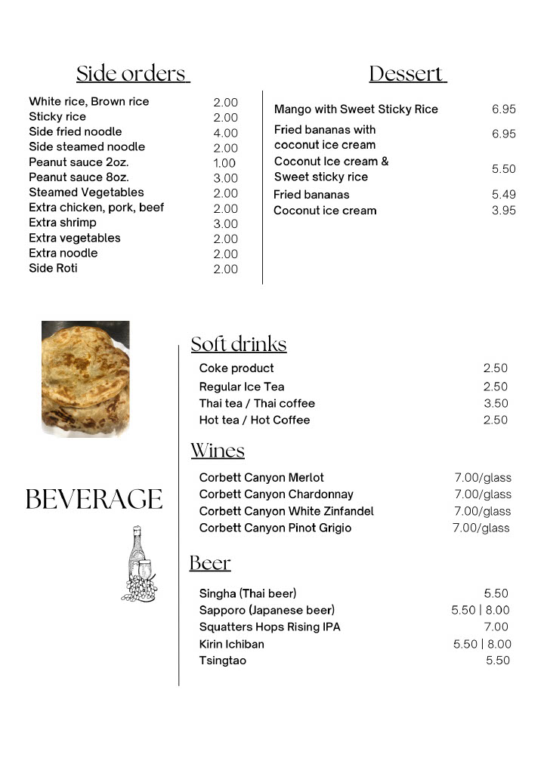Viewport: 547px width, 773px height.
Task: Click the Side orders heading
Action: click(x=132, y=74)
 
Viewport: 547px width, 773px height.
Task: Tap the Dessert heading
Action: click(x=408, y=74)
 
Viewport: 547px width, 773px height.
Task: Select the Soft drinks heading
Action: click(x=239, y=344)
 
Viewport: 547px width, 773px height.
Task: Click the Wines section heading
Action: click(x=218, y=451)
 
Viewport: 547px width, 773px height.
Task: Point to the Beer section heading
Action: click(x=210, y=563)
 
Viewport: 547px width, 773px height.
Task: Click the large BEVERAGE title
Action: click(x=94, y=500)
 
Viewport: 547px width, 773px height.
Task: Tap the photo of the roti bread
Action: click(x=85, y=377)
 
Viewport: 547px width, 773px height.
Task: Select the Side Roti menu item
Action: click(x=53, y=268)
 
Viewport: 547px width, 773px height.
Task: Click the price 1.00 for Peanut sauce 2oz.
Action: click(x=224, y=163)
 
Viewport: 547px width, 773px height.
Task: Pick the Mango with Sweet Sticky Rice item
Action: click(x=356, y=109)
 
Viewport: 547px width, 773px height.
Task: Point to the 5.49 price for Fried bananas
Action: click(x=504, y=195)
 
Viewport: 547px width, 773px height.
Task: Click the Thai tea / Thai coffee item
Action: click(x=257, y=403)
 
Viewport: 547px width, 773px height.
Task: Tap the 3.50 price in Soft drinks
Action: click(x=496, y=403)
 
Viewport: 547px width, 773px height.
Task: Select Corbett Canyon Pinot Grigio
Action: click(x=275, y=528)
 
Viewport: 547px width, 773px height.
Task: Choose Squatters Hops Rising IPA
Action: click(x=270, y=627)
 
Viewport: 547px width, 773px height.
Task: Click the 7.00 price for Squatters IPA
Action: click(x=496, y=627)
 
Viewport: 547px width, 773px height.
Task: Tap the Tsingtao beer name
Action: click(x=223, y=661)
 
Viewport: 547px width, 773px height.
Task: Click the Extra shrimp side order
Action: click(x=63, y=223)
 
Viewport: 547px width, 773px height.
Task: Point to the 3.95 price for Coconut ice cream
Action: click(x=504, y=211)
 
